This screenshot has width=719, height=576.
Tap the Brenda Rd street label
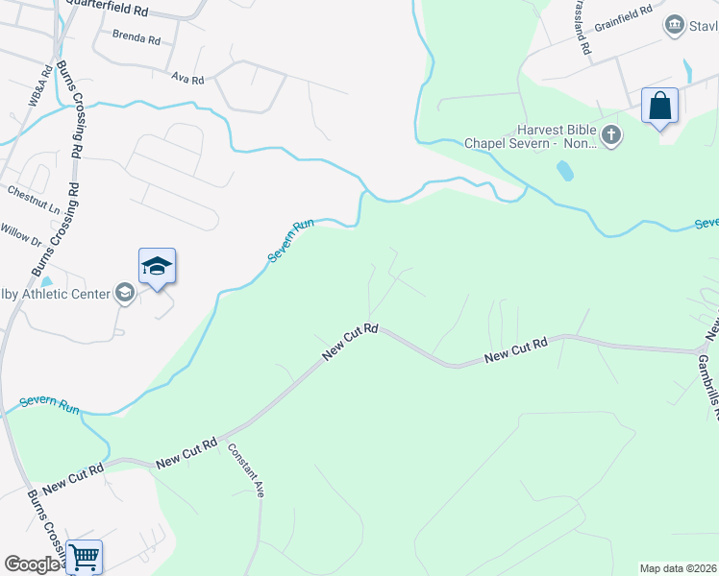point(136,38)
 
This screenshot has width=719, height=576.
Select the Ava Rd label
point(187,78)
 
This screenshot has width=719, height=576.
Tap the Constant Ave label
point(246,468)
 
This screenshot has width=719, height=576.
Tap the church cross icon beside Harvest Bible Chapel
point(611,136)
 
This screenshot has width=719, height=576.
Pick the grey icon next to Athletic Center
point(124,293)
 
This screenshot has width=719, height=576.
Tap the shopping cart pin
point(85,556)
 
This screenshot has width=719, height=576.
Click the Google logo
point(34,564)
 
